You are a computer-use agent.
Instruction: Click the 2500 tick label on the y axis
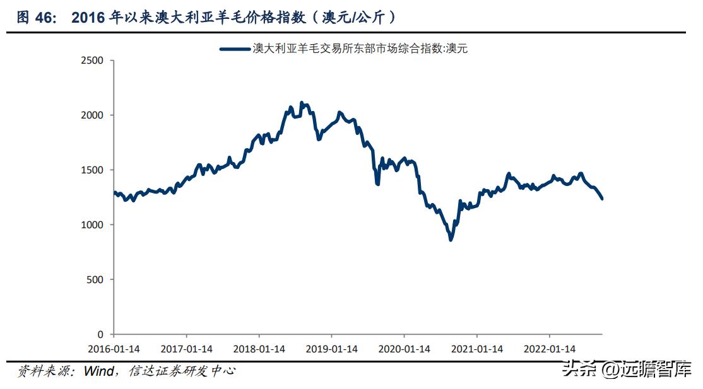pos(93,61)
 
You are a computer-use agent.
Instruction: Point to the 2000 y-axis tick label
pos(93,115)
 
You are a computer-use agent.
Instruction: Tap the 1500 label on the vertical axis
pos(93,170)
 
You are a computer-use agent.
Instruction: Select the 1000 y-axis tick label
pos(93,225)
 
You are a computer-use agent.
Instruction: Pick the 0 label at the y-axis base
pos(101,334)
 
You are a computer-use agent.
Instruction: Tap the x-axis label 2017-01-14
pos(187,349)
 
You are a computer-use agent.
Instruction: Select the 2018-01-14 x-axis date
pos(259,349)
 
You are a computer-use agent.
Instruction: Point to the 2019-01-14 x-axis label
pos(333,349)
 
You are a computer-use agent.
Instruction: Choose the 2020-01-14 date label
pos(405,349)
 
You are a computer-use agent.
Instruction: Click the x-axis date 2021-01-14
pos(478,349)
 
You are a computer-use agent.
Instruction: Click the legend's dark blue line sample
pos(234,48)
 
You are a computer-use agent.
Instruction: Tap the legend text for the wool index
pos(360,48)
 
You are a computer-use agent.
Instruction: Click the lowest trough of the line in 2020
pos(451,240)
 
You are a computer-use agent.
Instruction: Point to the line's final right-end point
pos(602,199)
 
